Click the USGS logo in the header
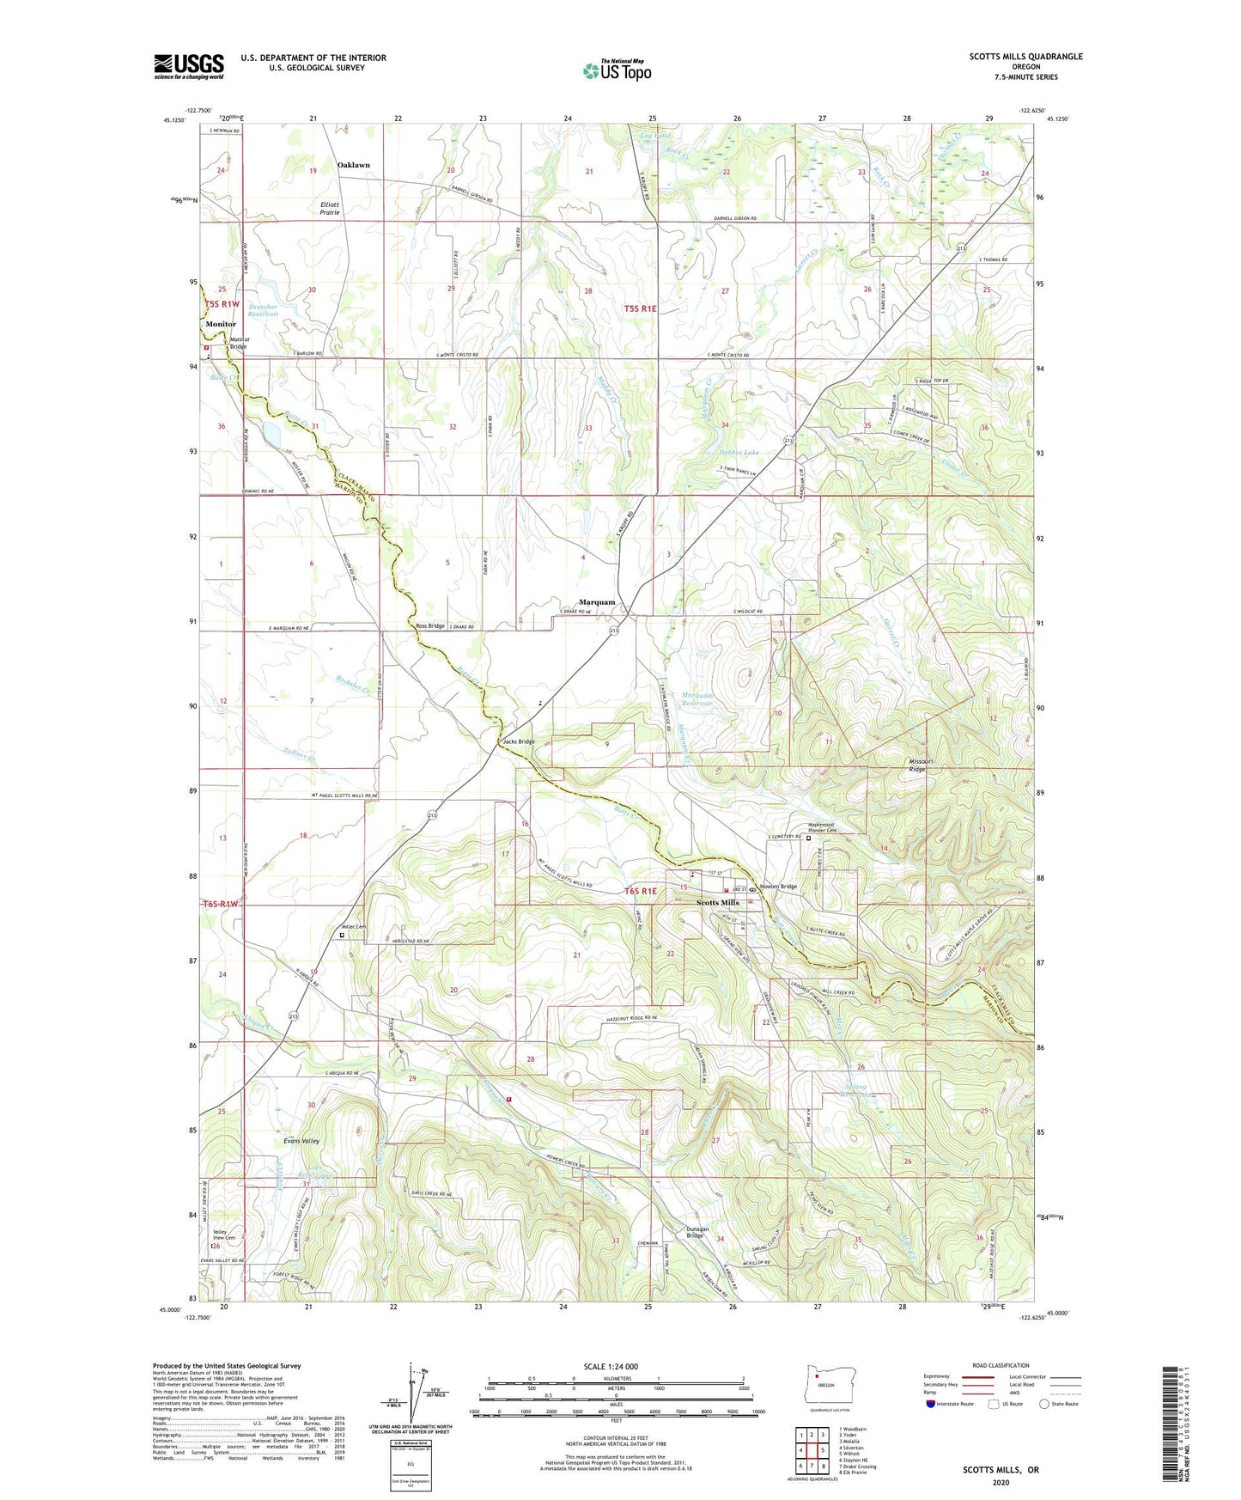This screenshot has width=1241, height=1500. (189, 66)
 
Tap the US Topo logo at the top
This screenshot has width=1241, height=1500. (616, 70)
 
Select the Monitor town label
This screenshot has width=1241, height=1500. (221, 324)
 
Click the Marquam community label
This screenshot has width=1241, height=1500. (597, 602)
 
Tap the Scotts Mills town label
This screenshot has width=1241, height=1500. (717, 903)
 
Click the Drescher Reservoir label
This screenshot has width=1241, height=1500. (264, 310)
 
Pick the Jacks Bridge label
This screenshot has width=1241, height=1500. (519, 741)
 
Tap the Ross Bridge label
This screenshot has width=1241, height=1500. (430, 626)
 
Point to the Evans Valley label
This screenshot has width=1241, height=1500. (301, 1141)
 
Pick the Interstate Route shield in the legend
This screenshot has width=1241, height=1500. (932, 1404)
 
